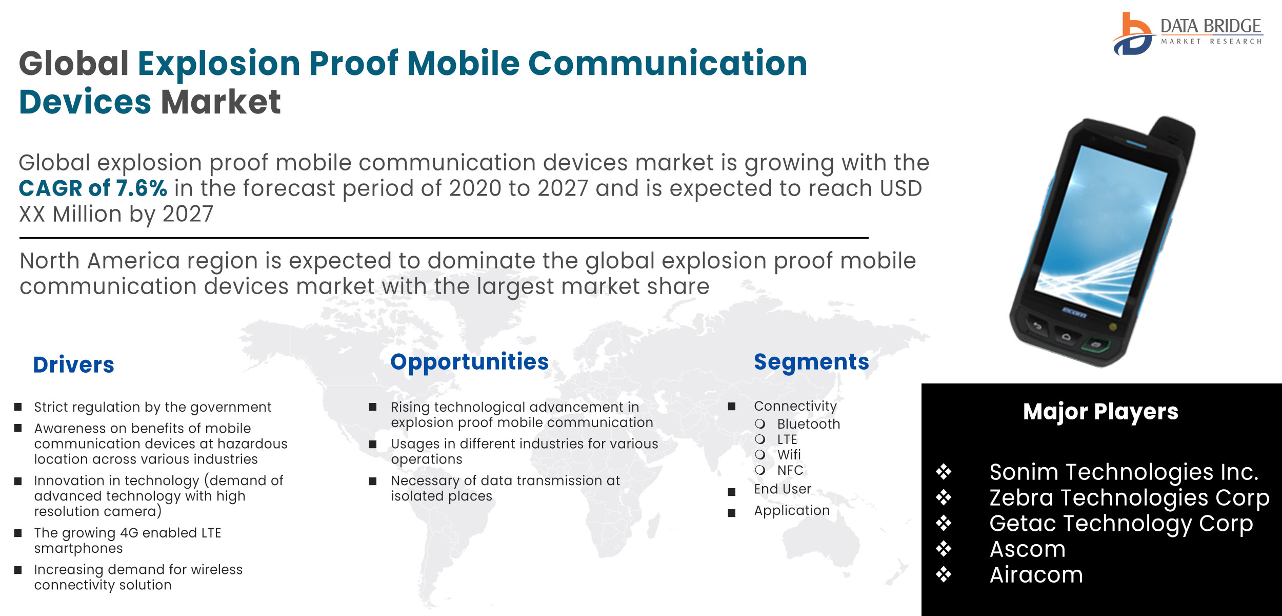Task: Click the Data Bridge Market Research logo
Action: [x=1187, y=33]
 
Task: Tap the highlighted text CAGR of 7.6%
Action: [x=93, y=188]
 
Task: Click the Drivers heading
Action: [x=74, y=364]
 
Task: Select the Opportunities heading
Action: [x=469, y=362]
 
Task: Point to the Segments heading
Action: [x=811, y=362]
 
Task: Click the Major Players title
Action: [x=1100, y=412]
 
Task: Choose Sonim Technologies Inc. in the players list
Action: [x=1124, y=472]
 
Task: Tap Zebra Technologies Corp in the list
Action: [x=1129, y=498]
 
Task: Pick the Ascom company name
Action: [x=1027, y=549]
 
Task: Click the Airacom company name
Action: [x=1036, y=575]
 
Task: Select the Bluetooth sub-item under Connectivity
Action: [x=809, y=424]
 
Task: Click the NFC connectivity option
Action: [x=790, y=470]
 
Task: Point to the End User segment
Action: [x=783, y=489]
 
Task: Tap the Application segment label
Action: [x=792, y=511]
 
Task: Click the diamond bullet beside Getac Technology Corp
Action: [x=944, y=524]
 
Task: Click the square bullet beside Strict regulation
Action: [x=18, y=407]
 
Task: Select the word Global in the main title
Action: [x=74, y=64]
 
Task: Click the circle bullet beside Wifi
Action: [x=760, y=455]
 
